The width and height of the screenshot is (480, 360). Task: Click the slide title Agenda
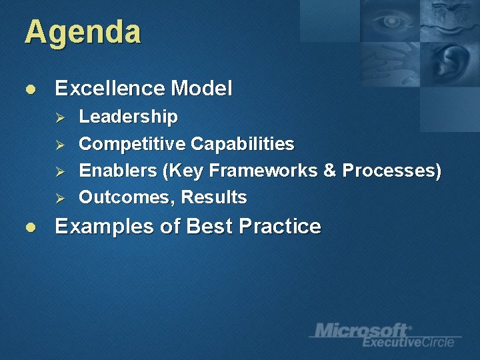click(x=83, y=32)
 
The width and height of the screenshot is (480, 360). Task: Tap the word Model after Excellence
click(x=201, y=88)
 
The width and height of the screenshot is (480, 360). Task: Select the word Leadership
click(x=128, y=117)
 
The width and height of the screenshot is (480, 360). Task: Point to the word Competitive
click(x=132, y=144)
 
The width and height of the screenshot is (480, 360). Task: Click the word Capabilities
click(x=242, y=144)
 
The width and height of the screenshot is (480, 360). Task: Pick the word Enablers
click(x=117, y=171)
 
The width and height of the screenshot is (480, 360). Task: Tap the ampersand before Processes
click(x=329, y=171)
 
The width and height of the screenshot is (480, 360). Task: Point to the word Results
click(x=214, y=197)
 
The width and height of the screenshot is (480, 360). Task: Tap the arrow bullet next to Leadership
click(x=59, y=118)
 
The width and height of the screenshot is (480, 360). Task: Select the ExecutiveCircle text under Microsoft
click(x=407, y=342)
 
